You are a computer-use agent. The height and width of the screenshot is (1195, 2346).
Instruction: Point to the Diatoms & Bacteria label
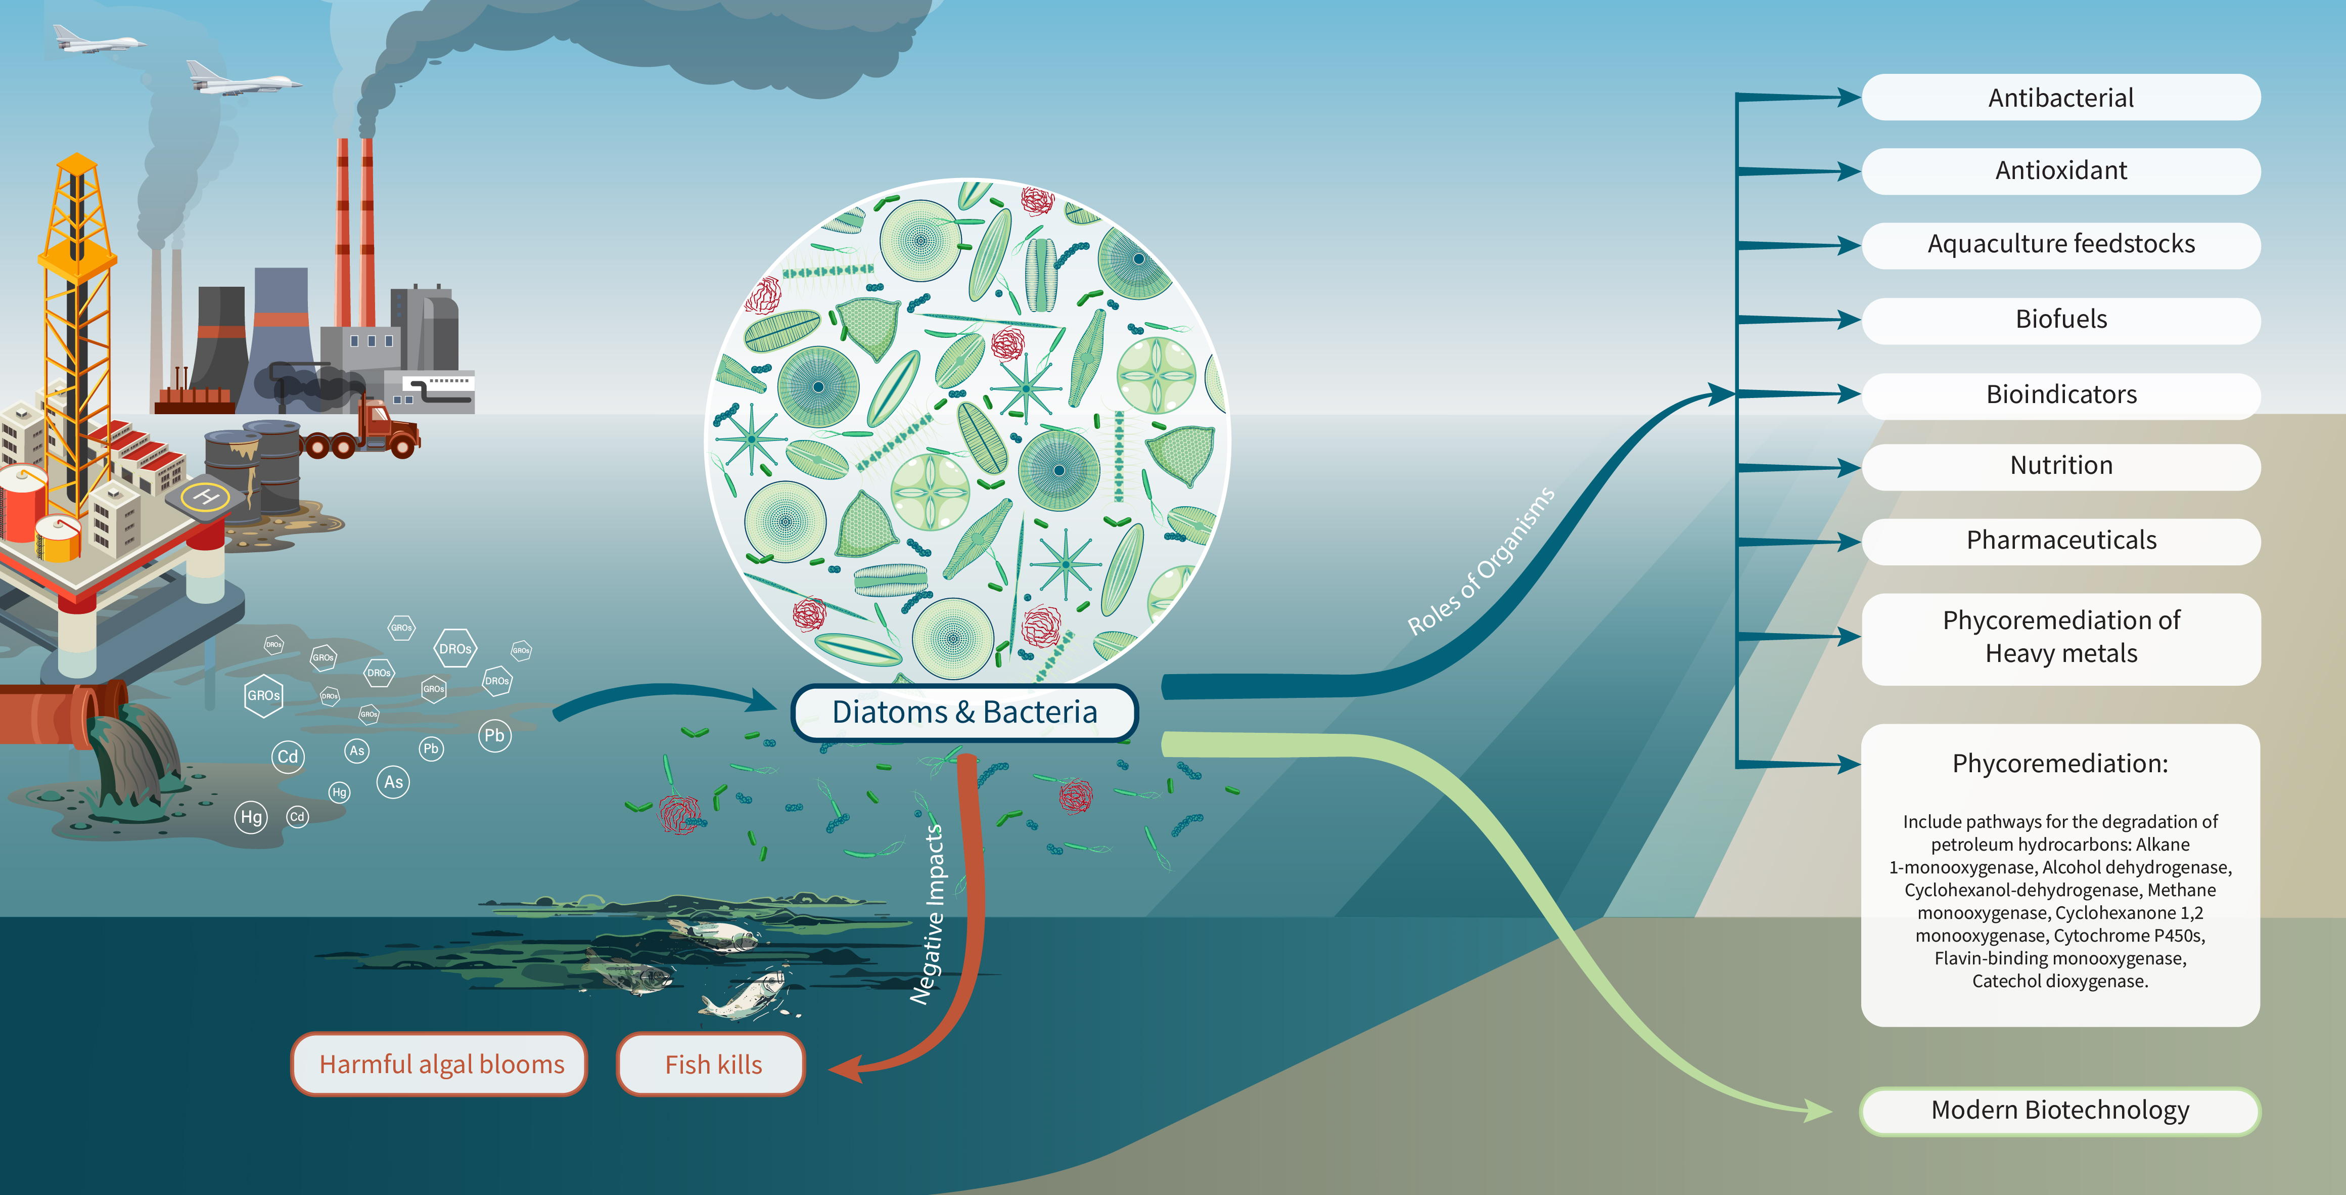(964, 712)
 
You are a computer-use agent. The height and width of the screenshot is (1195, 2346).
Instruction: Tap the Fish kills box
(712, 1064)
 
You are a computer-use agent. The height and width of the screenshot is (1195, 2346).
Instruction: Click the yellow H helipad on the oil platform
(205, 497)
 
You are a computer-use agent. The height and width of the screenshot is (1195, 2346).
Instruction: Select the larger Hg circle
(251, 817)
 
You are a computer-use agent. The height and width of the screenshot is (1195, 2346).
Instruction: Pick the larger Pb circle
(494, 735)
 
